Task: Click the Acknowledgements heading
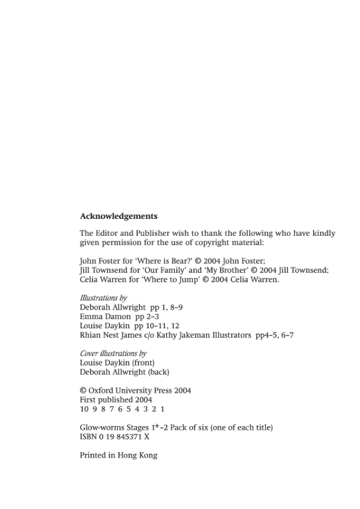pyautogui.click(x=118, y=216)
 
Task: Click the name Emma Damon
pyautogui.click(x=105, y=316)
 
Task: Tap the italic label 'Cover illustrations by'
pyautogui.click(x=113, y=353)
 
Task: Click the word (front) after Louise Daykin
pyautogui.click(x=143, y=363)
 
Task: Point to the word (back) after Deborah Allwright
pyautogui.click(x=159, y=372)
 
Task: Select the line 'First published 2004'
pyautogui.click(x=116, y=400)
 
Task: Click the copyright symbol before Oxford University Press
pyautogui.click(x=83, y=391)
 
